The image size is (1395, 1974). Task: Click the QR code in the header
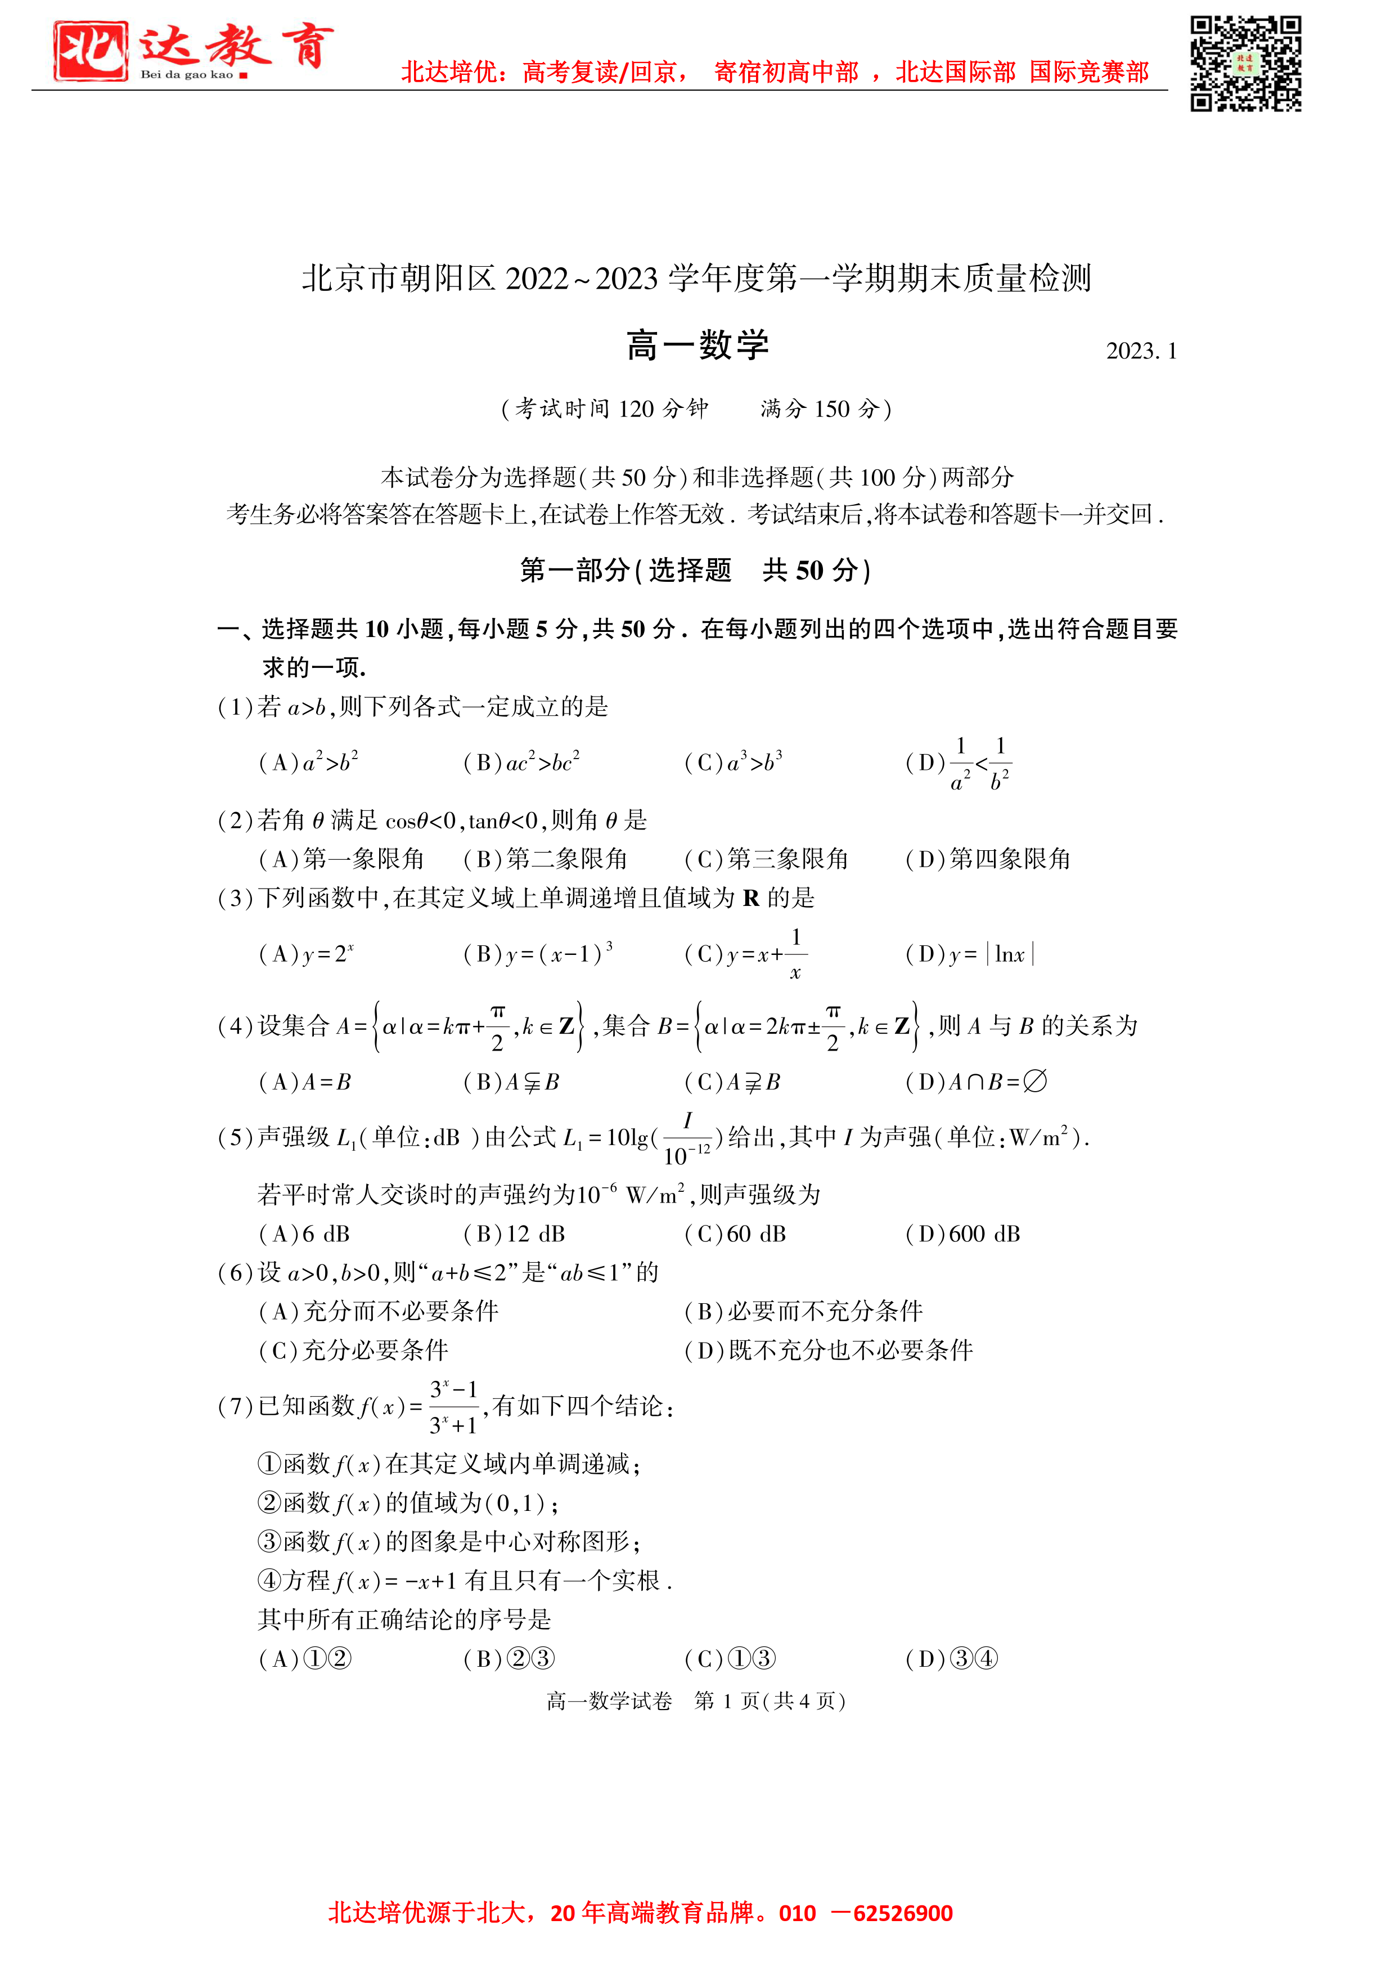(1245, 64)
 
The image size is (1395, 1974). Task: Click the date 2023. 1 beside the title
(1141, 351)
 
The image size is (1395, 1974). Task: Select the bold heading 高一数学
(697, 346)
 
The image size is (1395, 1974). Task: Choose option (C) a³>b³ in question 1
(733, 762)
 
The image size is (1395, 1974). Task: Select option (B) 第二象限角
(546, 859)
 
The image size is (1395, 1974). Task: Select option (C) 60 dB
(736, 1233)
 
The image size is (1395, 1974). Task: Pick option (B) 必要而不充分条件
(804, 1311)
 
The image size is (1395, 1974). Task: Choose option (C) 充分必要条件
(354, 1350)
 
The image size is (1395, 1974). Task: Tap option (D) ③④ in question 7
(952, 1658)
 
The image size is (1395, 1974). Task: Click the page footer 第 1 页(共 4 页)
(770, 1701)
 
